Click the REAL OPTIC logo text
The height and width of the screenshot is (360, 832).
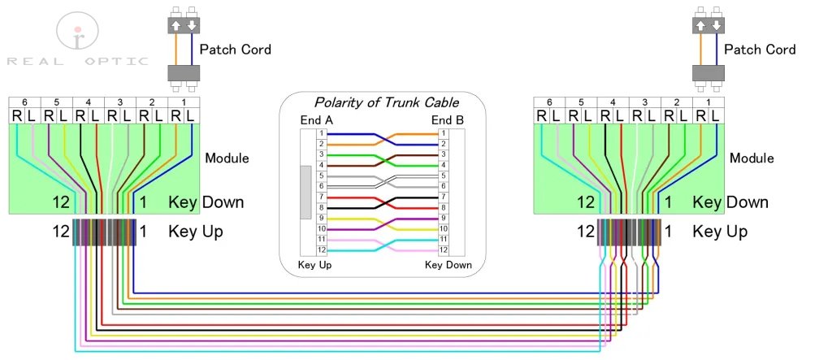tap(77, 61)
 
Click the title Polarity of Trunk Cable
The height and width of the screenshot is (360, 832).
tap(386, 103)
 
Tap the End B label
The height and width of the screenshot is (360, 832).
tap(448, 121)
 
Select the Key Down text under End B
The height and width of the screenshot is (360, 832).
tap(448, 266)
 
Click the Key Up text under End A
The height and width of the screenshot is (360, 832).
tap(314, 266)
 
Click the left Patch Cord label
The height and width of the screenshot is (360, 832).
tap(236, 50)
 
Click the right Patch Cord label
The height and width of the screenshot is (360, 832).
tap(760, 50)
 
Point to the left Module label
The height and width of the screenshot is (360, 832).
tap(227, 158)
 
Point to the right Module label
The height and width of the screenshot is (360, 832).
tap(752, 158)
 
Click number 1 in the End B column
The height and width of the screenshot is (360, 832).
tap(444, 132)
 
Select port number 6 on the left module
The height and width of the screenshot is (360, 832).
tap(24, 102)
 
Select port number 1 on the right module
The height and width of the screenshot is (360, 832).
tap(708, 102)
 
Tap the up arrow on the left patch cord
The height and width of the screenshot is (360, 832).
tap(175, 25)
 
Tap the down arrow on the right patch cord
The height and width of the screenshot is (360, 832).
tap(716, 25)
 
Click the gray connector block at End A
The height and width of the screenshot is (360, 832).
tap(305, 192)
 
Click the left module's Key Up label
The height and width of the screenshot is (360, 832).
tap(196, 232)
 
